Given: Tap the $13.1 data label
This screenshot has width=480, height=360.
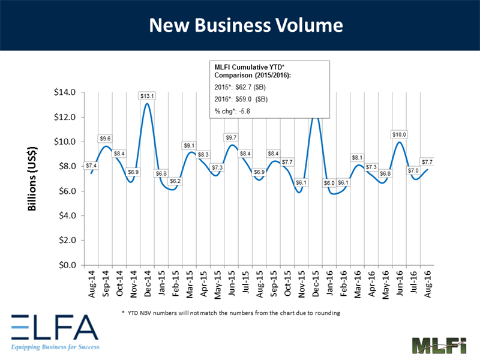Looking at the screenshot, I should [x=146, y=96].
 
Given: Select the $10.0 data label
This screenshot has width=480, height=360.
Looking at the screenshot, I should [x=400, y=134].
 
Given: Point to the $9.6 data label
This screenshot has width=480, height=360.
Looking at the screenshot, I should [x=105, y=138].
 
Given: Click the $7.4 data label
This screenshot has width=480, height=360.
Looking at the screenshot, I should [x=92, y=165].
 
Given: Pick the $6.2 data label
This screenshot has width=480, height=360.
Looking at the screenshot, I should [x=175, y=181].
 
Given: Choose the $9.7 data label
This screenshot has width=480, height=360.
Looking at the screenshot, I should [x=231, y=138].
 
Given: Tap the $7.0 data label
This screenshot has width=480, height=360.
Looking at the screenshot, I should [x=413, y=170].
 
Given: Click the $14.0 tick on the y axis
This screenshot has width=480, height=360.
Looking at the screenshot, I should [x=65, y=92].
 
